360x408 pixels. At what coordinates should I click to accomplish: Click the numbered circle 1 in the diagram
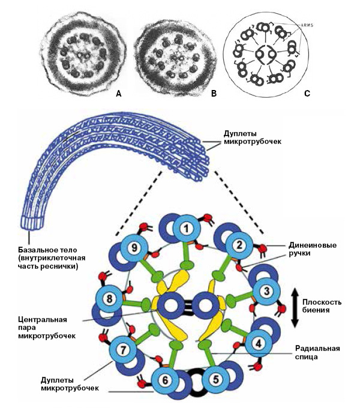[187, 228]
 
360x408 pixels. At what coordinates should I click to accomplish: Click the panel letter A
[118, 94]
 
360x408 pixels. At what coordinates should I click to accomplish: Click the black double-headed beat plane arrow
[294, 308]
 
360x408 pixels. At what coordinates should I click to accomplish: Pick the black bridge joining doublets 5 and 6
[190, 385]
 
